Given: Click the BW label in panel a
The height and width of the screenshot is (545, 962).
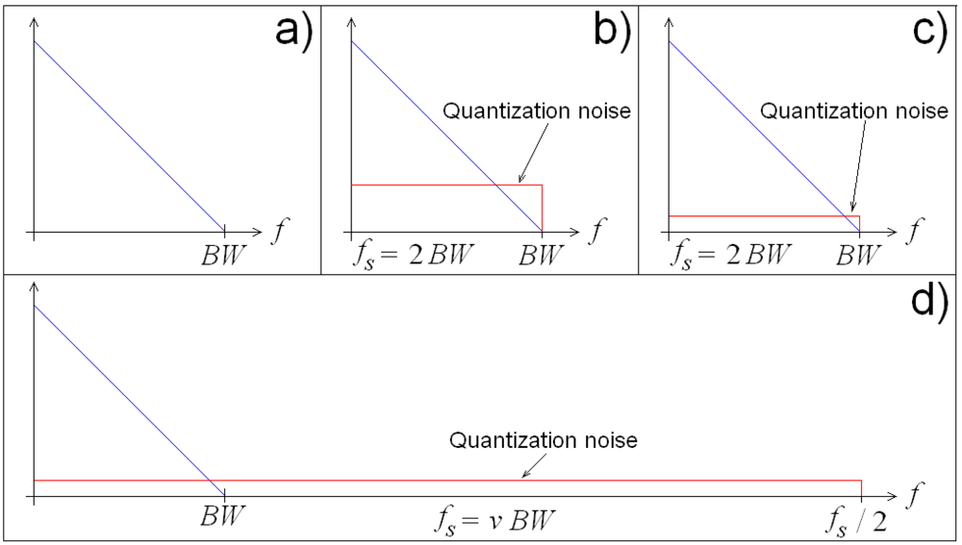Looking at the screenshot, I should (224, 256).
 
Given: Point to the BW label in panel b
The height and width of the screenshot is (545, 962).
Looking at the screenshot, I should (542, 256).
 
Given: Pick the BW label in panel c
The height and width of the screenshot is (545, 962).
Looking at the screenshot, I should (859, 256).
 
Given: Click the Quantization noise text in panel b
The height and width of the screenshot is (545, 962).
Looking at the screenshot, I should (536, 111).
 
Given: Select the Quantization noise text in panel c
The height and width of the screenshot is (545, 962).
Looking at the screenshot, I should (853, 111).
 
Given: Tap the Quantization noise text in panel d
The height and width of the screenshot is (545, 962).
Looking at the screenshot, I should (544, 441).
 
